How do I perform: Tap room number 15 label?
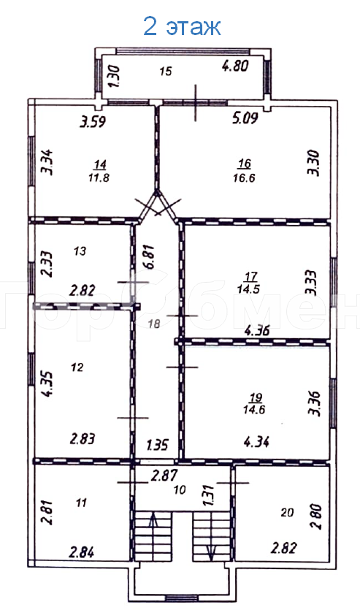pos(165,71)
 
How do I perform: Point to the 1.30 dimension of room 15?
pos(112,76)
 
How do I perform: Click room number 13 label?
pos(80,251)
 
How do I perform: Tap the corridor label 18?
pos(153,323)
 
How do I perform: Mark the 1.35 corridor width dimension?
pos(158,444)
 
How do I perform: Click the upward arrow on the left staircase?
pos(153,525)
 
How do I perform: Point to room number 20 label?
pos(287,512)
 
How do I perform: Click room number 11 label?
pos(81,502)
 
